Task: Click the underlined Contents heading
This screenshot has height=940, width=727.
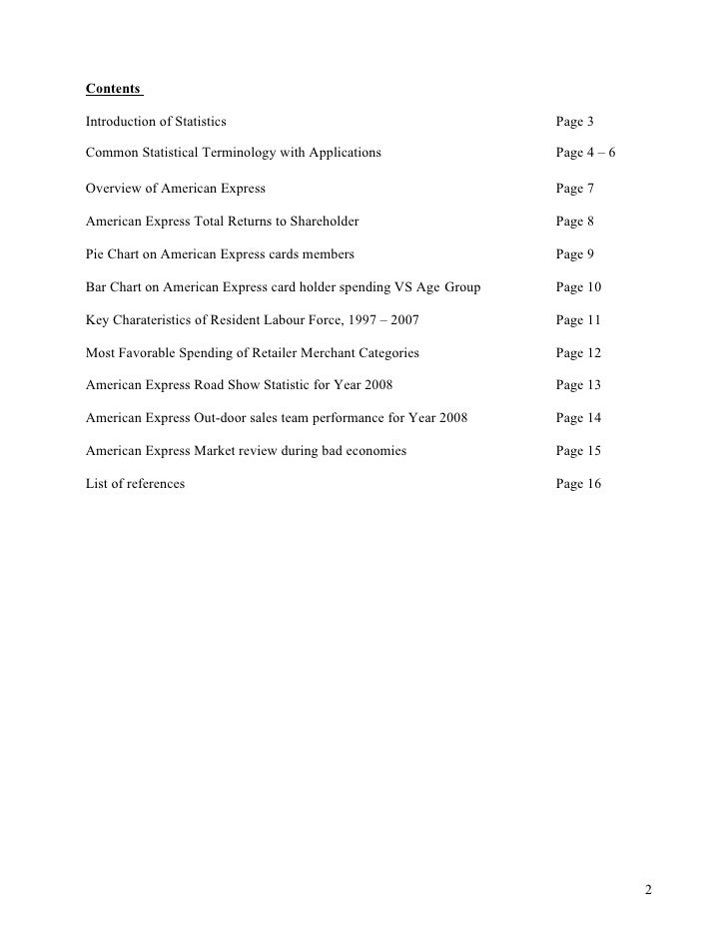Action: (x=113, y=89)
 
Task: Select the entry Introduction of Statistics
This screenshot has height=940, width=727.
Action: (x=156, y=122)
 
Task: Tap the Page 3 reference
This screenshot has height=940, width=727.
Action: (x=575, y=122)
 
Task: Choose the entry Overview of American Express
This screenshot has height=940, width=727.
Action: (x=176, y=189)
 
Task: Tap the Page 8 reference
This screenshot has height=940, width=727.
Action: (x=575, y=221)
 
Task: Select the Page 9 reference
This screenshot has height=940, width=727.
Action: (x=575, y=254)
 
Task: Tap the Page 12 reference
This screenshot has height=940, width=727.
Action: (x=579, y=352)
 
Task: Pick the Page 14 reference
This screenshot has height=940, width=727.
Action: (x=579, y=418)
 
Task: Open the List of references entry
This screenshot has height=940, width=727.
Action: (x=135, y=484)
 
